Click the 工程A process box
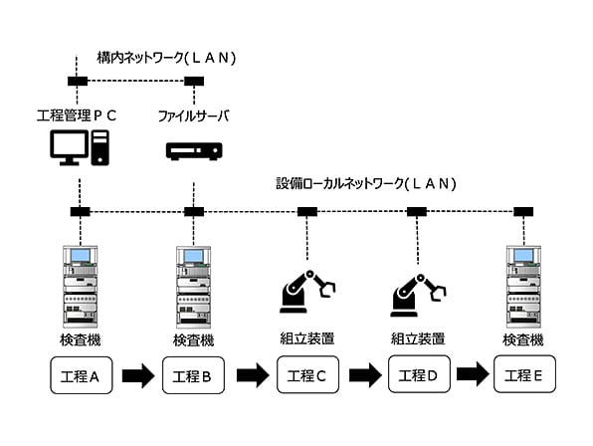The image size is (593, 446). [x=82, y=375]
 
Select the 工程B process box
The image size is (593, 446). [x=193, y=375]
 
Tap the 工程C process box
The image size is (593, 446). [x=307, y=374]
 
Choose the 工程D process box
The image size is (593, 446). [x=419, y=373]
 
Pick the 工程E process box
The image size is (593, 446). [x=524, y=373]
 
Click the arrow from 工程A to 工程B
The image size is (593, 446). [x=138, y=375]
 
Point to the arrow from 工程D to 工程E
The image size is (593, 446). [x=473, y=374]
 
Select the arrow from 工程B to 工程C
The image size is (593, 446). [x=253, y=375]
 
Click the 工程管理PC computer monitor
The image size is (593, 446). [x=69, y=147]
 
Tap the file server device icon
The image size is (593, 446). [x=194, y=151]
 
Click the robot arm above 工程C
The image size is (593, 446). [x=307, y=292]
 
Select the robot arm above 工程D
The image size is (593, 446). [x=418, y=295]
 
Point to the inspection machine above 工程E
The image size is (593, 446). [x=523, y=287]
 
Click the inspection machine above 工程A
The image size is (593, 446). [x=81, y=287]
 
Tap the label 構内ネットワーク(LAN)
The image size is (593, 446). [x=166, y=58]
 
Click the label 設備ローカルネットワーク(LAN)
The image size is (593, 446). [x=366, y=184]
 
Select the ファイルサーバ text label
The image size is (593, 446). [x=194, y=115]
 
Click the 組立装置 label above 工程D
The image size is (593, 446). [x=418, y=338]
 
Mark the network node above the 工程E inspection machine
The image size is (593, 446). [x=523, y=211]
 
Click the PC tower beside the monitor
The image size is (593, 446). [x=100, y=147]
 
